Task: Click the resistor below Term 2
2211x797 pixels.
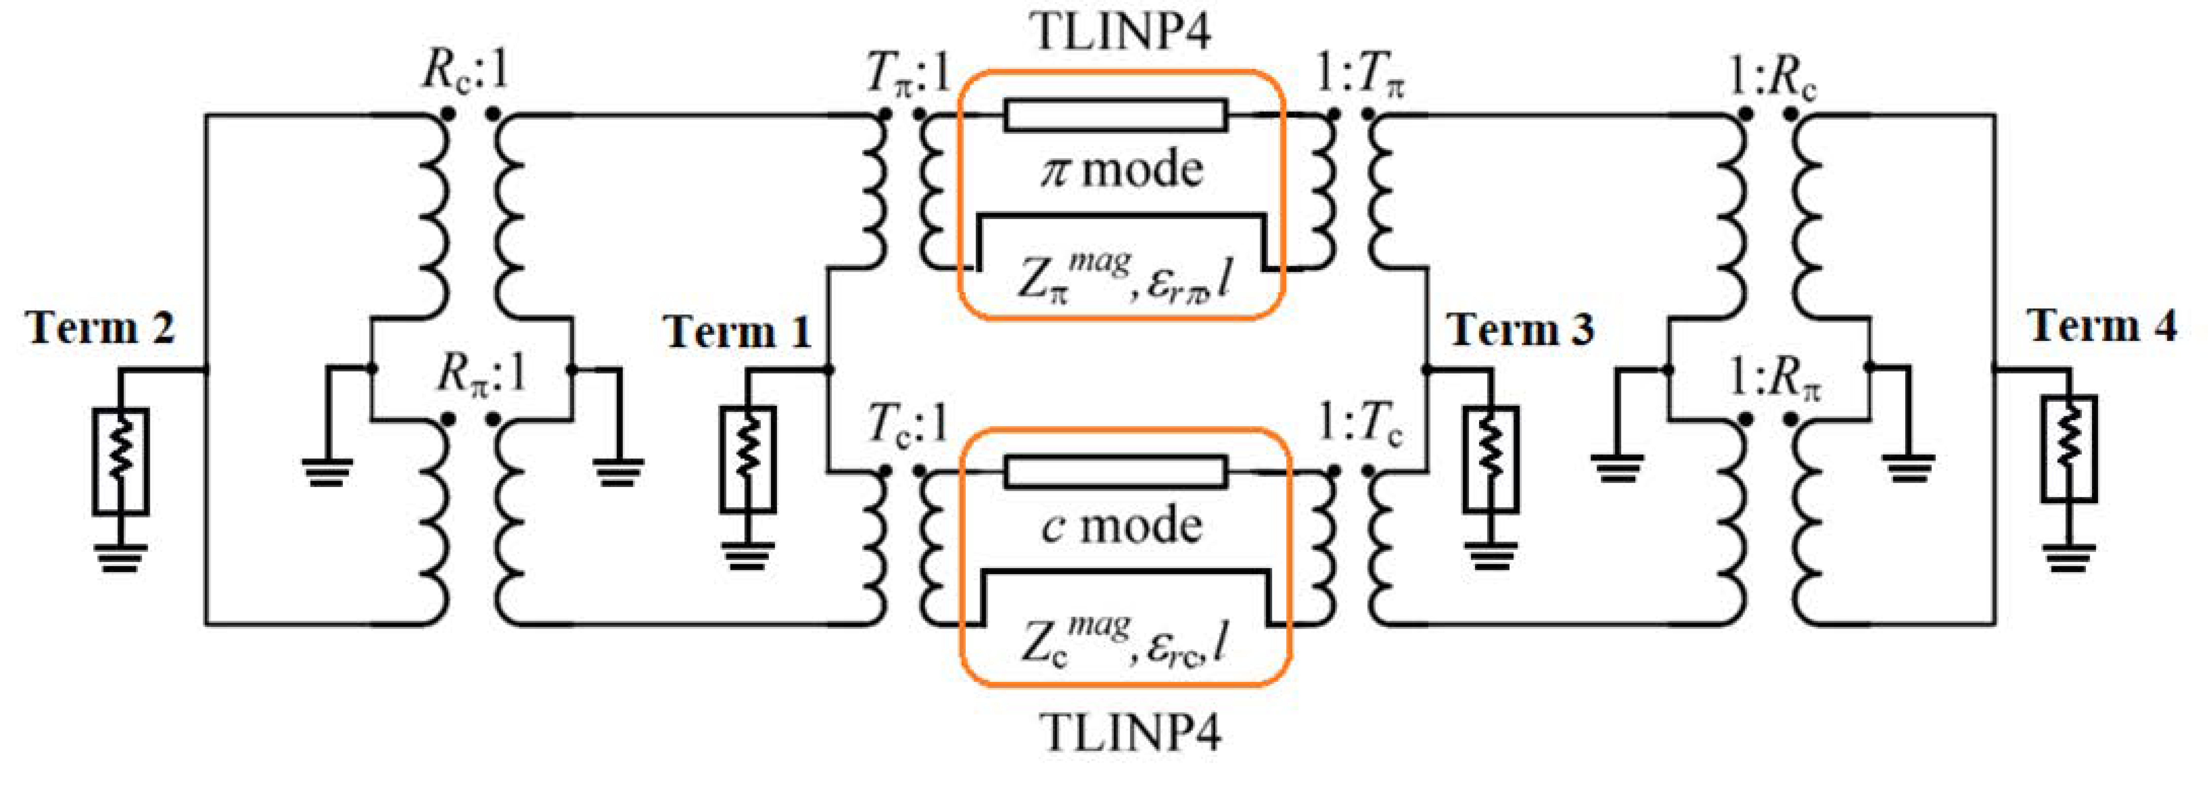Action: tap(120, 462)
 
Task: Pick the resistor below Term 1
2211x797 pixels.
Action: tap(747, 460)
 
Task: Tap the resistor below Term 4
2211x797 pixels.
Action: tap(2069, 449)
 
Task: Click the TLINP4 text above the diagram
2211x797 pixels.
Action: tap(1123, 33)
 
